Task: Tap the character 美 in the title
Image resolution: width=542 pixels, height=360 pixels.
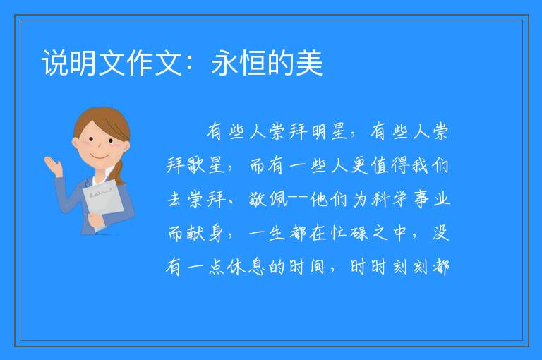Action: (x=308, y=63)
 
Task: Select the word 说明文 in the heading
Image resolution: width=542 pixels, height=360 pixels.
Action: (x=83, y=63)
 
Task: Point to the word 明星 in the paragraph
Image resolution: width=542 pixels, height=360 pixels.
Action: (x=329, y=131)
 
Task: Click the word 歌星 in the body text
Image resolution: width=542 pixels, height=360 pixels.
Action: (x=206, y=165)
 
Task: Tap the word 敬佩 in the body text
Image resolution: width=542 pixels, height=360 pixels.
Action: (x=268, y=199)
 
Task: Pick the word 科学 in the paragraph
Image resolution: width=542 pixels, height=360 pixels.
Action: (x=390, y=199)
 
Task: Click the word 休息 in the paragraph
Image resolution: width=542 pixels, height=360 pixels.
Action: (x=246, y=267)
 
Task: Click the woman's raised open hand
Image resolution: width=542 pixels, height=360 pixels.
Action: (x=53, y=166)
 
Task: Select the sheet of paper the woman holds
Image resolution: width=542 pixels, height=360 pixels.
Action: (x=103, y=202)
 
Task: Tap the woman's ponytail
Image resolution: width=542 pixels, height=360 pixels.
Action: (x=119, y=172)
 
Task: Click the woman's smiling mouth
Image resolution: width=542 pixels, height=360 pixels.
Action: (x=99, y=157)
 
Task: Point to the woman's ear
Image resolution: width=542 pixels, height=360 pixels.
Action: (x=75, y=143)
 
